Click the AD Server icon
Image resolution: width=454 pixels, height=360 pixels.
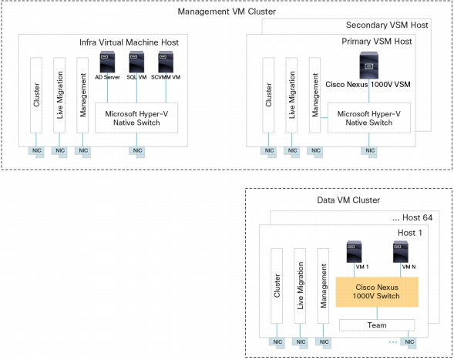click(107, 62)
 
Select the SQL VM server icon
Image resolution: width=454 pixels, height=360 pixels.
click(136, 62)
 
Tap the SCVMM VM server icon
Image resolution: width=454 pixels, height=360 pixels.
click(166, 62)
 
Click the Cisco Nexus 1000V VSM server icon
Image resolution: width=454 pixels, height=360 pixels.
click(369, 66)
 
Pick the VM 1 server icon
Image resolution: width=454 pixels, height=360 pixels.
click(354, 251)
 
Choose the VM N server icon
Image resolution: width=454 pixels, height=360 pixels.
click(401, 251)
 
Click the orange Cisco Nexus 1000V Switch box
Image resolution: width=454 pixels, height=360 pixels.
click(377, 292)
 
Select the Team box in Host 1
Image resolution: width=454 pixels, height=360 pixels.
click(377, 325)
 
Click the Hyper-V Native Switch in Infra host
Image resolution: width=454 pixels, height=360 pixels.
click(136, 118)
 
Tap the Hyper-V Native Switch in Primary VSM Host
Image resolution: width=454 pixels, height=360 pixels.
click(369, 118)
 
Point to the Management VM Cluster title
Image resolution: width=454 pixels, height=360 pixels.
click(227, 12)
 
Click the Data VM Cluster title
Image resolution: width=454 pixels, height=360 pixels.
click(348, 200)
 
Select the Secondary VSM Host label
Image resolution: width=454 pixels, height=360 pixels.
click(387, 25)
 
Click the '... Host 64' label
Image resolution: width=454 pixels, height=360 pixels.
click(412, 217)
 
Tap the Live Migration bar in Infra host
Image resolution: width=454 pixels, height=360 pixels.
click(59, 96)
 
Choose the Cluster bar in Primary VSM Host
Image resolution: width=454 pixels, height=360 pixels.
click(268, 96)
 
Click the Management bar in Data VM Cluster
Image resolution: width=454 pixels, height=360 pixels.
click(323, 286)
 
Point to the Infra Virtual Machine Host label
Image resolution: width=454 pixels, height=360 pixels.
click(129, 42)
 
